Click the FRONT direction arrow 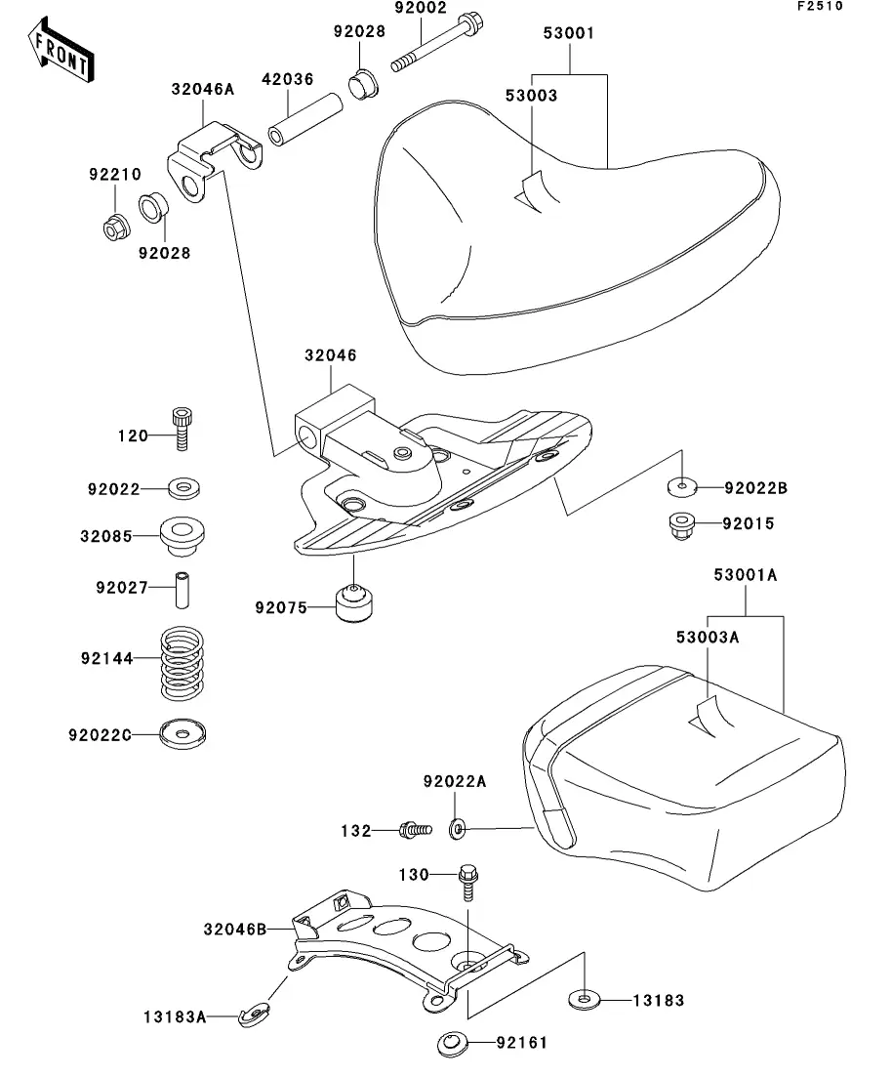pyautogui.click(x=61, y=52)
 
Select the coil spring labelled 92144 pyautogui.click(x=183, y=662)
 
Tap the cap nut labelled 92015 pyautogui.click(x=681, y=525)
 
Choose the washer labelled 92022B pyautogui.click(x=681, y=485)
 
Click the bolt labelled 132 pyautogui.click(x=414, y=830)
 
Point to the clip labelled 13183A pyautogui.click(x=256, y=1015)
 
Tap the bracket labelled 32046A pyautogui.click(x=219, y=158)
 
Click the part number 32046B pyautogui.click(x=234, y=930)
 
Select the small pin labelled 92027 pyautogui.click(x=183, y=588)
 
